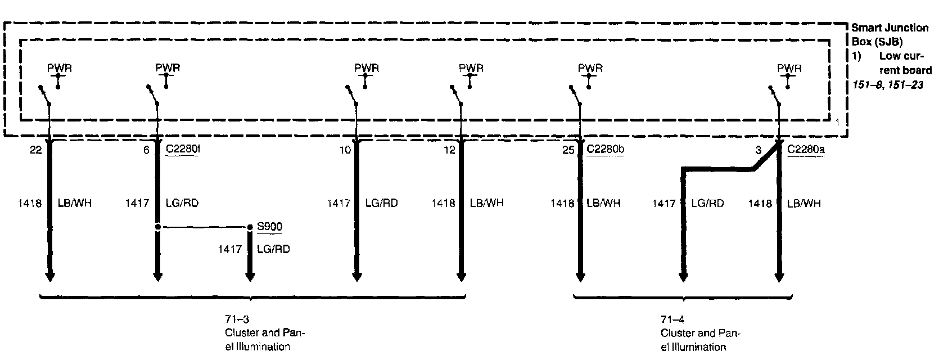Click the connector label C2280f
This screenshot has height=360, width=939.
[183, 150]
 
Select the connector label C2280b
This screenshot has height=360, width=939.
[605, 150]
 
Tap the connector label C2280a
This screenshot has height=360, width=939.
[806, 150]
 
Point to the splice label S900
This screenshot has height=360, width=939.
[269, 227]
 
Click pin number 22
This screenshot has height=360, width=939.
[37, 150]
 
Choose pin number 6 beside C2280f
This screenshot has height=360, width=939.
[146, 150]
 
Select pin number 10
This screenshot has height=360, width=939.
[345, 150]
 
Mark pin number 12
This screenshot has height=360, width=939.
[449, 150]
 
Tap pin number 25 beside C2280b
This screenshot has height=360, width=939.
[568, 150]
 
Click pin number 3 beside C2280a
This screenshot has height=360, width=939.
[759, 150]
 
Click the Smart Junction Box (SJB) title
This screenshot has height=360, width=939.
[890, 34]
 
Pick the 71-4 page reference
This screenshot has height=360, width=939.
[672, 319]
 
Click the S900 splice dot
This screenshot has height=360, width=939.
[250, 227]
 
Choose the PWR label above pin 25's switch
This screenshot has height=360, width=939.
[590, 68]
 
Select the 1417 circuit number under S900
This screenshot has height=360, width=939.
[229, 249]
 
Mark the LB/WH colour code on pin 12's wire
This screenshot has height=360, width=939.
[487, 202]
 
